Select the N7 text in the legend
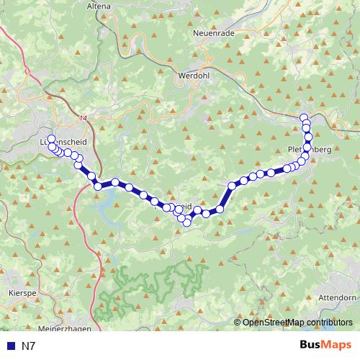tap(28, 346)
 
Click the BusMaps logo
tap(325, 346)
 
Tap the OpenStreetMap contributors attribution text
tap(298, 322)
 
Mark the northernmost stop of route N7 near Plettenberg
tap(304, 117)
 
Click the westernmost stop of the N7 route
tap(51, 138)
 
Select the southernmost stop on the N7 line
tap(186, 222)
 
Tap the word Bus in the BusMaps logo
tap(312, 346)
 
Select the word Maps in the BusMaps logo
tap(337, 346)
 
